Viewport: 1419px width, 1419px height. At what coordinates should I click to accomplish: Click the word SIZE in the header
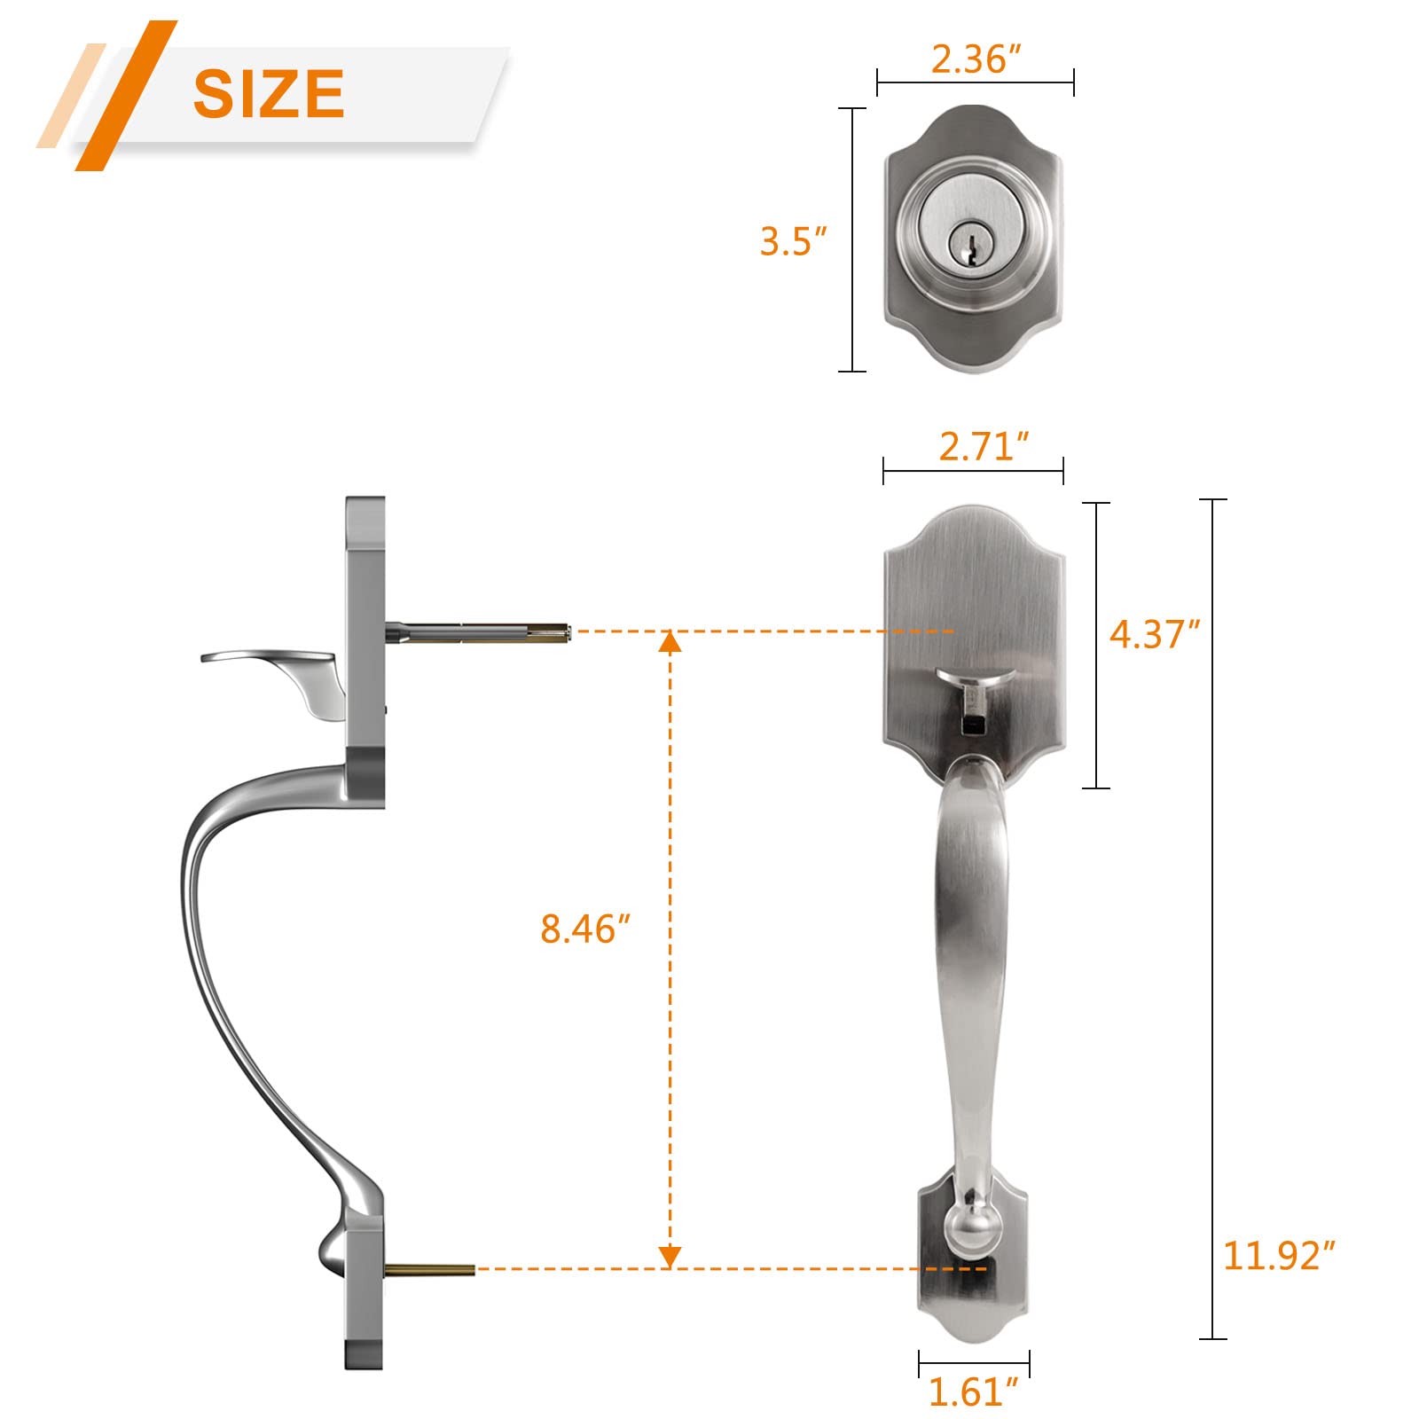click(269, 93)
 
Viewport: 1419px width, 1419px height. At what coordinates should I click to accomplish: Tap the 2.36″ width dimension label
click(976, 59)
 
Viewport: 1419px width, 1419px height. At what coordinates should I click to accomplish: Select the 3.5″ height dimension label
click(793, 241)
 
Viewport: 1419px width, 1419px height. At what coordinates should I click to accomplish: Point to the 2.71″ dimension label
click(984, 446)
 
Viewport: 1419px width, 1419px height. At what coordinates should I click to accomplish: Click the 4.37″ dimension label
click(1154, 634)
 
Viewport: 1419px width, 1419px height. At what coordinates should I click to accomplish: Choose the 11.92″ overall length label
click(1278, 1255)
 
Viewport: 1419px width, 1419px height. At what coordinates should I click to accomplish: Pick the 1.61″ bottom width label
click(973, 1392)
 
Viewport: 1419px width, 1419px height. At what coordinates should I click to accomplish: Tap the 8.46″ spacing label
click(584, 929)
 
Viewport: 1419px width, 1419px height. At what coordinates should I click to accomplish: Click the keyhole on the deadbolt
click(962, 243)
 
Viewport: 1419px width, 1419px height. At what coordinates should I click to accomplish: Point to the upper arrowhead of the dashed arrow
click(670, 641)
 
